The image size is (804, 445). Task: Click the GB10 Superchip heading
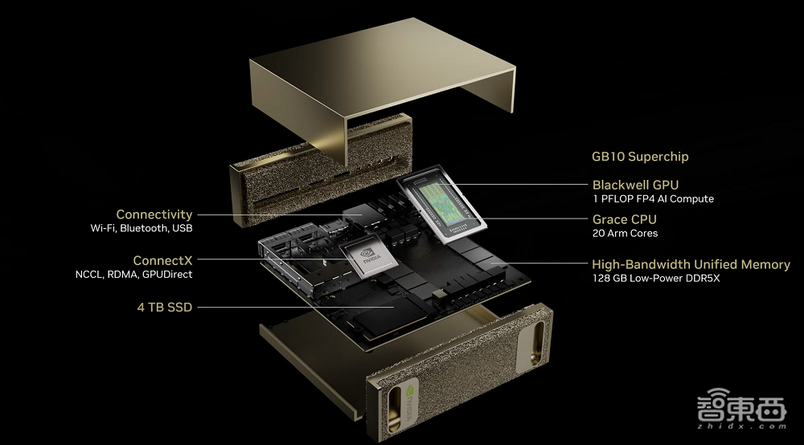pos(640,157)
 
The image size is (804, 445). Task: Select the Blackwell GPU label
pos(635,185)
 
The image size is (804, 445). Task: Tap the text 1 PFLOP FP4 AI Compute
pos(653,198)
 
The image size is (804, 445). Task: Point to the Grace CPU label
pos(624,219)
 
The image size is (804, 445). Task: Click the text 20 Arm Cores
pos(625,233)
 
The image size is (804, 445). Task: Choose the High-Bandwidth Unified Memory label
pos(691,264)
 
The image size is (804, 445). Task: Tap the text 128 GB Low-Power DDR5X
pos(656,278)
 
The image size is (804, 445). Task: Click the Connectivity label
pos(154,214)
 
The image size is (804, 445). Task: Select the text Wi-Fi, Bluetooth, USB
pos(142,228)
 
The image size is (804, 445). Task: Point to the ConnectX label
pos(162,260)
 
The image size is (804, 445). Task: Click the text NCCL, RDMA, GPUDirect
pos(133,275)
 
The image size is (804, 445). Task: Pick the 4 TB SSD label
pos(165,308)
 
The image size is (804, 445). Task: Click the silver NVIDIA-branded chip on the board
pos(368,257)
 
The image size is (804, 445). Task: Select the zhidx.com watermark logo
pos(741,408)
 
